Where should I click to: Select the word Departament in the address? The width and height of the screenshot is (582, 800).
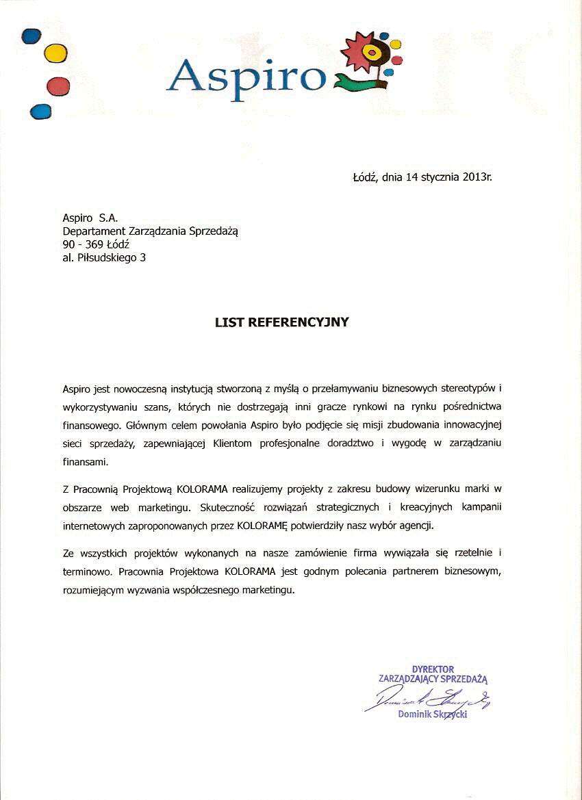(92, 231)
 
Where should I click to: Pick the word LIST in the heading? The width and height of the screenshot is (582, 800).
(229, 322)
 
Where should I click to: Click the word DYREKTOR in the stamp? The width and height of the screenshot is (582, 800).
(433, 669)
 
